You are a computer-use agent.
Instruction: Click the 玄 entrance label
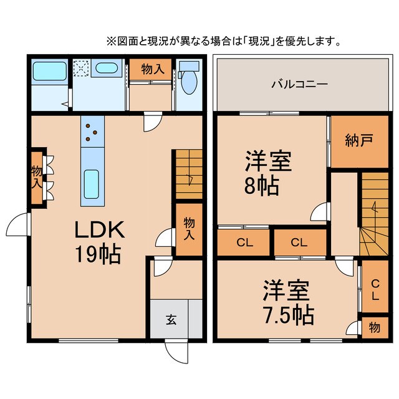pyautogui.click(x=170, y=320)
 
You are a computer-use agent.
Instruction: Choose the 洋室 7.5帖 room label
pyautogui.click(x=287, y=302)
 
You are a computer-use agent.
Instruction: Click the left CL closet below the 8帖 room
pyautogui.click(x=243, y=243)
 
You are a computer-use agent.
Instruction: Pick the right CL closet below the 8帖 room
pyautogui.click(x=299, y=243)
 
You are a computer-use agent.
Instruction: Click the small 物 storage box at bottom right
pyautogui.click(x=375, y=327)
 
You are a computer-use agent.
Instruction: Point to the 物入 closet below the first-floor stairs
pyautogui.click(x=188, y=229)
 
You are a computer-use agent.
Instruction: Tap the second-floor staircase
pyautogui.click(x=374, y=212)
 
